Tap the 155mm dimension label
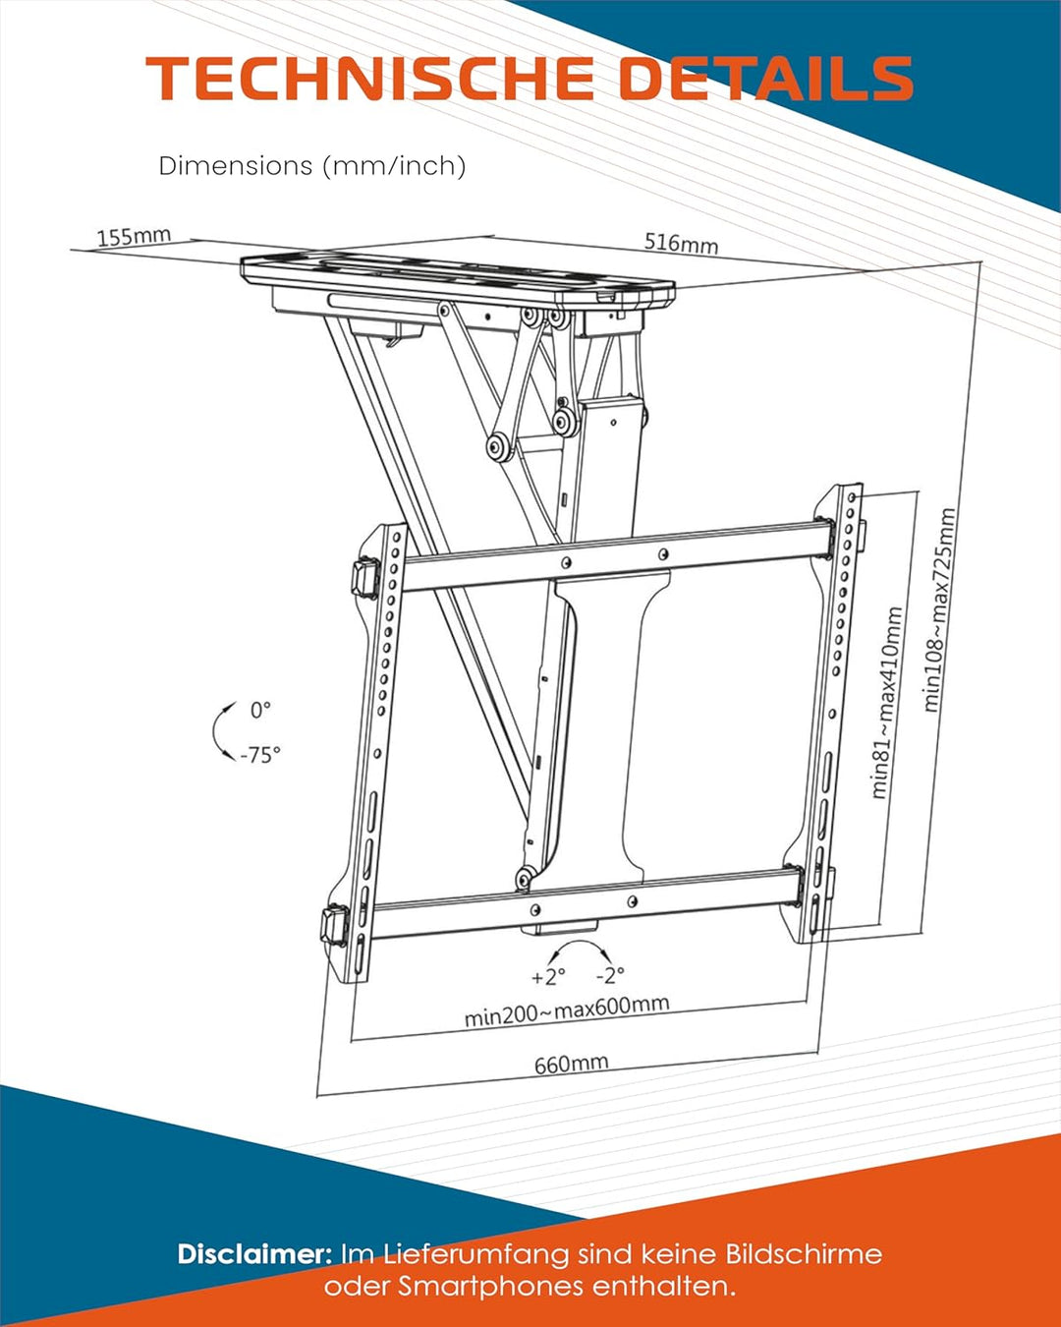pos(134,237)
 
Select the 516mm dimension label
pos(681,243)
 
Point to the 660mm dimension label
pos(571,1064)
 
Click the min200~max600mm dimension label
pos(567,1010)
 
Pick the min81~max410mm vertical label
pos(886,702)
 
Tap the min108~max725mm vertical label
pos(938,609)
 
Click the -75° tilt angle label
pos(260,755)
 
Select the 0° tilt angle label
pos(260,710)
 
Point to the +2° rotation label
pos(548,977)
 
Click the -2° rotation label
pos(610,975)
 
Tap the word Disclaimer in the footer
pos(254,1254)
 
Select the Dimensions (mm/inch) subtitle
pos(312,165)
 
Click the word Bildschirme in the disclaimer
pos(804,1254)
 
